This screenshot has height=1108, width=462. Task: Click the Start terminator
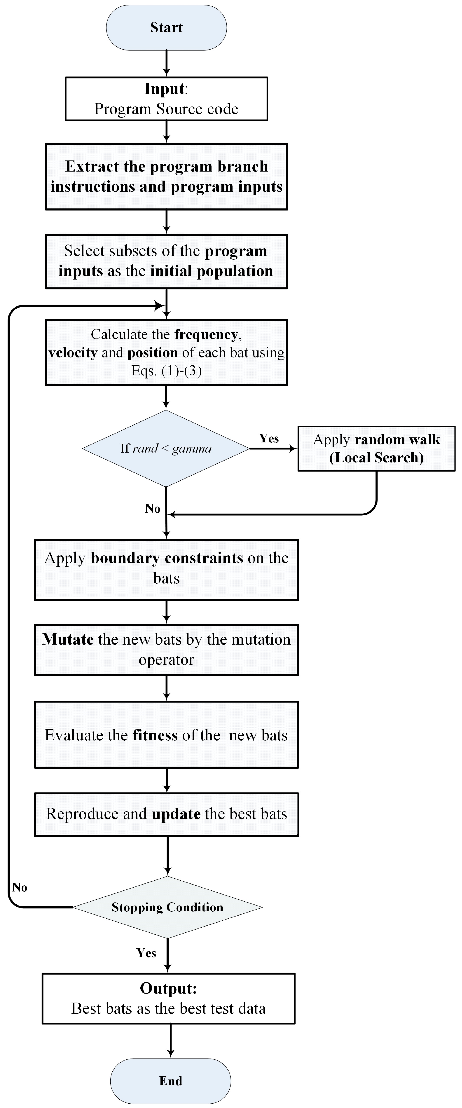(166, 28)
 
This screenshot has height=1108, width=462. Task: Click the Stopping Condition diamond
(167, 907)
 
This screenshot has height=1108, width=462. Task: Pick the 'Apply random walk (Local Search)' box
(376, 449)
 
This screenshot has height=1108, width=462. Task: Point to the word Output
(168, 989)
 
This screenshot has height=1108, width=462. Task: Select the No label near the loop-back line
(20, 887)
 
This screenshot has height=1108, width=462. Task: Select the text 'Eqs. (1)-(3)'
(166, 371)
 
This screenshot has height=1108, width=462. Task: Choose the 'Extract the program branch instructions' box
(166, 176)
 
